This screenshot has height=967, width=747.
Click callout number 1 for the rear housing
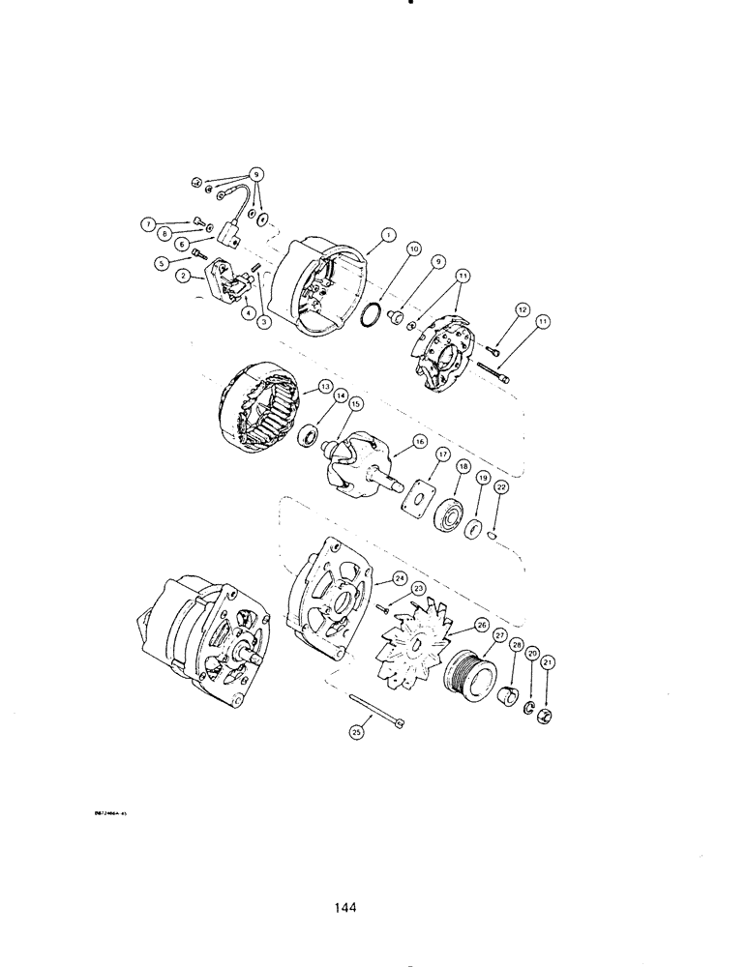pos(387,233)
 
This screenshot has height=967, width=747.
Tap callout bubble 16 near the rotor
pos(419,441)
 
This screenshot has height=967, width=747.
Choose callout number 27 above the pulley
pos(499,635)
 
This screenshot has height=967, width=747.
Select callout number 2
pos(182,276)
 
